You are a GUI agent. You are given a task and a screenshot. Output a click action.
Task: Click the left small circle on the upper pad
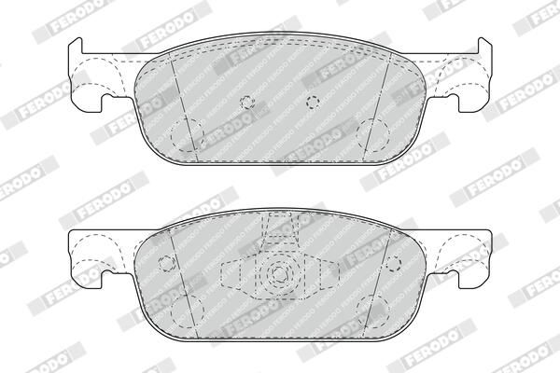(245, 101)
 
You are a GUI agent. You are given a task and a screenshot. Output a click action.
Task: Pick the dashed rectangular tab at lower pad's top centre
(279, 228)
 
